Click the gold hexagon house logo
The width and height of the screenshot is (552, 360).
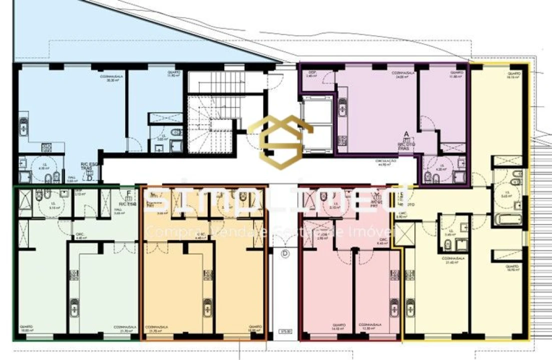point(281,142)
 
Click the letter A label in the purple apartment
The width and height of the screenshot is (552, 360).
point(406,134)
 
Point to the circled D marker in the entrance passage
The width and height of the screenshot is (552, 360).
point(285,253)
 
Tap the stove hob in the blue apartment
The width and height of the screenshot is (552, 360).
point(46,147)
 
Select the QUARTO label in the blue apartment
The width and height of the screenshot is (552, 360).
point(174,73)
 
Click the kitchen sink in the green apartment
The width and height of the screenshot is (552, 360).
point(74,305)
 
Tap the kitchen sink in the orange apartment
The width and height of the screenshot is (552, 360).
point(207,305)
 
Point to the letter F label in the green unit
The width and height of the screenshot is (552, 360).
point(129,193)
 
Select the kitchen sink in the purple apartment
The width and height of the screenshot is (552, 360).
point(343,106)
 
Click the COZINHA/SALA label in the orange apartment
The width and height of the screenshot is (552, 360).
point(157,328)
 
